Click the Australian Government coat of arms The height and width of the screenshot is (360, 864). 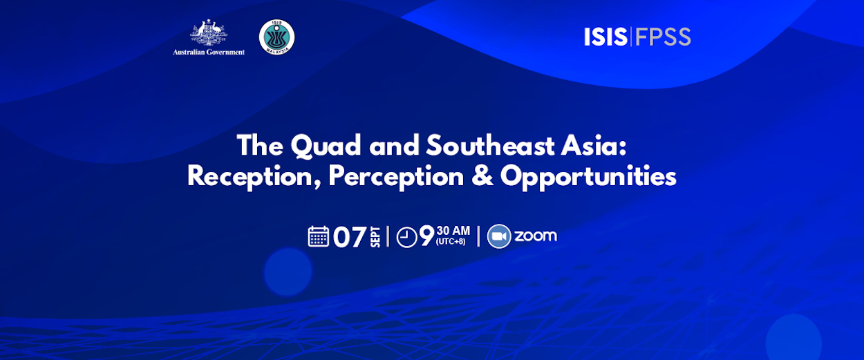(209, 32)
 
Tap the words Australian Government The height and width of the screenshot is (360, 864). (209, 52)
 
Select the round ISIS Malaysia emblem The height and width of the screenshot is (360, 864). (276, 37)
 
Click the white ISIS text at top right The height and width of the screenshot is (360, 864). (605, 37)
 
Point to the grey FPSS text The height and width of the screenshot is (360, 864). (663, 37)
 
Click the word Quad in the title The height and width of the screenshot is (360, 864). (326, 146)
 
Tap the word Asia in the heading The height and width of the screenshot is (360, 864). (594, 145)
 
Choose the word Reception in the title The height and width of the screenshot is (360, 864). (254, 178)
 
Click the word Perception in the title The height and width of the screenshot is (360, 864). (396, 178)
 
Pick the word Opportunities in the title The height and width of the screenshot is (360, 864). (588, 178)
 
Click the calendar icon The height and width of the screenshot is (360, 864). (319, 236)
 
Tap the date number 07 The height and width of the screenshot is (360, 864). (350, 236)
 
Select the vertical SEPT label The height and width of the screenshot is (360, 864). (375, 236)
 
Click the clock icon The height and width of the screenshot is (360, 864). (406, 237)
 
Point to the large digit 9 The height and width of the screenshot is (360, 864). (427, 236)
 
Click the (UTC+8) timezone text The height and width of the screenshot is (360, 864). (451, 242)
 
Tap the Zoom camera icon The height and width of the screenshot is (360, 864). (499, 236)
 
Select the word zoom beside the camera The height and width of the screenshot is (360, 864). (536, 236)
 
